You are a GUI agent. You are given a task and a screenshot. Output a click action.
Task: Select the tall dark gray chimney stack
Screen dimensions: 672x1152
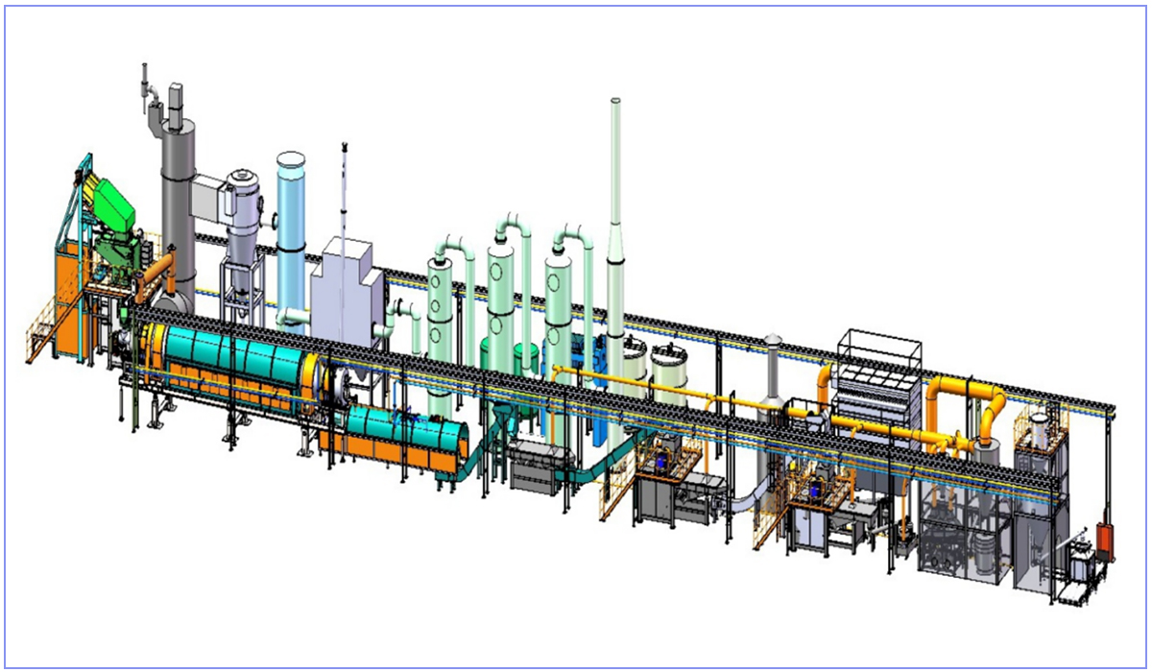179,211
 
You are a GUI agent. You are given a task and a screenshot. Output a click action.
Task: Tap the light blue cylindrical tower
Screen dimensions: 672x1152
290,230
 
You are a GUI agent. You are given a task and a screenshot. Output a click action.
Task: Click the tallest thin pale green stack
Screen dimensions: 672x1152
615,192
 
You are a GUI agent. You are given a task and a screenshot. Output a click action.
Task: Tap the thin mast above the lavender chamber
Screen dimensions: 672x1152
343,192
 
